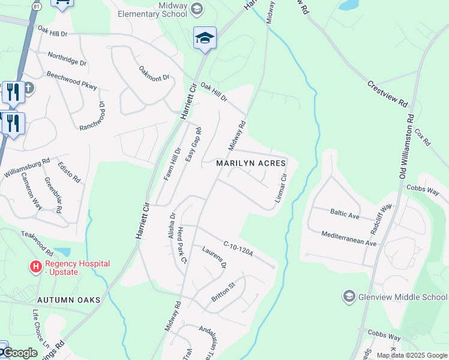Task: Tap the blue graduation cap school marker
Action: coord(205,38)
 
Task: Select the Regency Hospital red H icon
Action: coord(36,265)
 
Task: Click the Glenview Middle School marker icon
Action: coord(348,296)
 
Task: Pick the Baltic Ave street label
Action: coord(345,212)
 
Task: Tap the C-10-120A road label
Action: coord(239,249)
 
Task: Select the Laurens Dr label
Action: coord(214,257)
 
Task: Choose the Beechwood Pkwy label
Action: coord(71,81)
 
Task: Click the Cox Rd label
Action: coord(423,137)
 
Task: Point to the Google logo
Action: coord(20,353)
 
